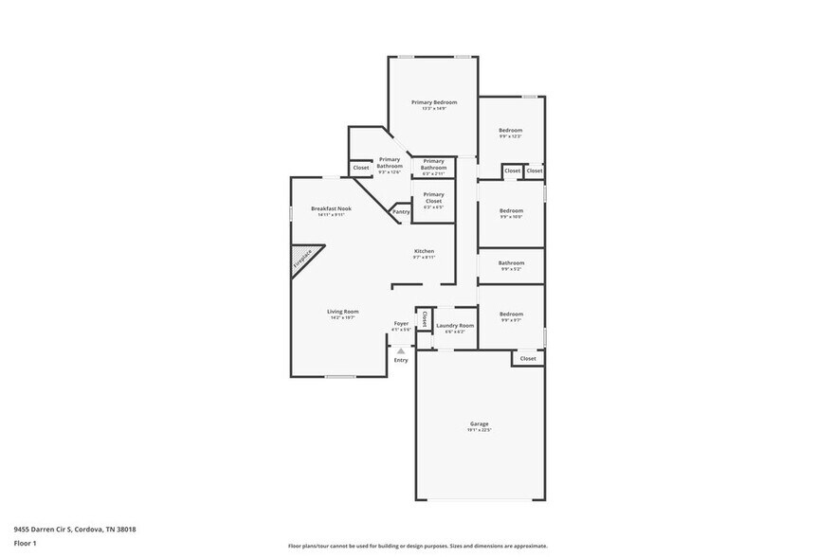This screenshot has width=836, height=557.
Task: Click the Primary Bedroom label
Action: pyautogui.click(x=434, y=102)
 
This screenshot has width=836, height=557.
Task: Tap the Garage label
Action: pyautogui.click(x=479, y=423)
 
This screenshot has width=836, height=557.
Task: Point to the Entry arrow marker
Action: pyautogui.click(x=401, y=350)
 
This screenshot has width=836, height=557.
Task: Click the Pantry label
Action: pyautogui.click(x=401, y=212)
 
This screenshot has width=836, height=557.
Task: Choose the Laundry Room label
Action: pyautogui.click(x=455, y=325)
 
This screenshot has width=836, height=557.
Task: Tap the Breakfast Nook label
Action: pyautogui.click(x=332, y=208)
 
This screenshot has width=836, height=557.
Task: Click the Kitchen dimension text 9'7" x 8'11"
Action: pyautogui.click(x=424, y=258)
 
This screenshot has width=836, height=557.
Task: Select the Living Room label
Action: pyautogui.click(x=343, y=311)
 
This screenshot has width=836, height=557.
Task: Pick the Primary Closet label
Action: pyautogui.click(x=433, y=194)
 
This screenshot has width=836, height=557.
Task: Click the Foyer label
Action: pyautogui.click(x=402, y=323)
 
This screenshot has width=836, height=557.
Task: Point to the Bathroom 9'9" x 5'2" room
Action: pyautogui.click(x=511, y=265)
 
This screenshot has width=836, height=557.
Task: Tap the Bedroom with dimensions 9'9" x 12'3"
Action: pyautogui.click(x=511, y=133)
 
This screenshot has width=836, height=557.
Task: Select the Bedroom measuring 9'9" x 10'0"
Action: pyautogui.click(x=511, y=213)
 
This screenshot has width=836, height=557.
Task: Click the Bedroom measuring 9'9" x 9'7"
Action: pyautogui.click(x=511, y=316)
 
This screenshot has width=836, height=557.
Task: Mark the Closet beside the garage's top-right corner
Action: pyautogui.click(x=528, y=359)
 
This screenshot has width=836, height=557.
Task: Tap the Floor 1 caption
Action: pyautogui.click(x=25, y=544)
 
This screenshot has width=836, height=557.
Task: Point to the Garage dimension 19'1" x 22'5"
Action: pyautogui.click(x=479, y=430)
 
